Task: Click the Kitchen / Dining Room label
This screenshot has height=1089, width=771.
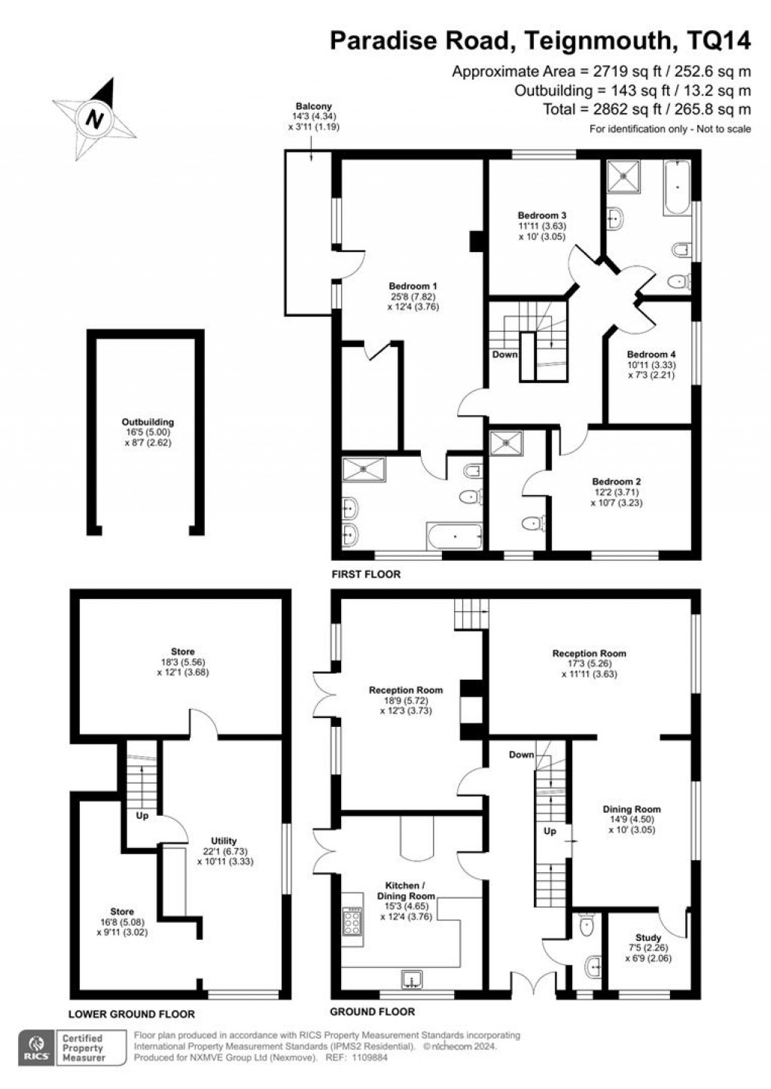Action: [407, 896]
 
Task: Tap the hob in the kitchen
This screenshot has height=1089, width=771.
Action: [352, 919]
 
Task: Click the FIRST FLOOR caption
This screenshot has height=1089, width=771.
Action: [366, 574]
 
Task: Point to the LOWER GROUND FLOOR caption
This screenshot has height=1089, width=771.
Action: [131, 1014]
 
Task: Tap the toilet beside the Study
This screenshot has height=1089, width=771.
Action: [587, 923]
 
